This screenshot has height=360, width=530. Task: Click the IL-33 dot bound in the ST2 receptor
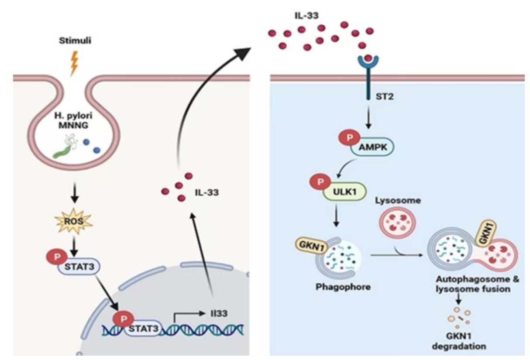(368, 58)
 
